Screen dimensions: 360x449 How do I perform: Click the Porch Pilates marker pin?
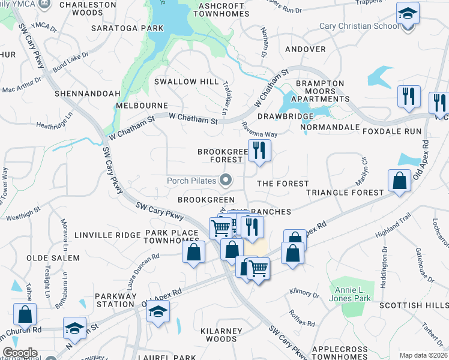(226, 179)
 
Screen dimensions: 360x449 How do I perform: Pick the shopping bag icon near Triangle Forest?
(399, 180)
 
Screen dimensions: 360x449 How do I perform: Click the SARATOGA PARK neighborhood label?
(127, 28)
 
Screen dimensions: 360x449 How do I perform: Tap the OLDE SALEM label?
(53, 258)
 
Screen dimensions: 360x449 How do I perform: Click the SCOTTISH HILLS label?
(414, 305)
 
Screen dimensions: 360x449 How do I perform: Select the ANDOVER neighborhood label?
(306, 49)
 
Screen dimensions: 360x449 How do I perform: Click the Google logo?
(20, 353)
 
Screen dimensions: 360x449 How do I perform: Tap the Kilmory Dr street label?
(304, 294)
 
